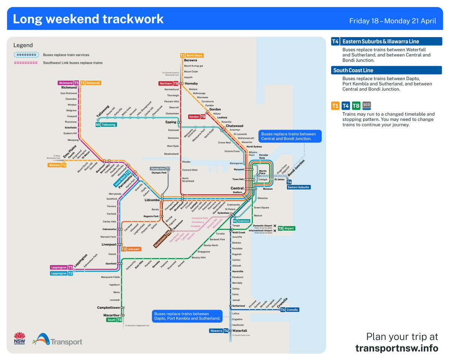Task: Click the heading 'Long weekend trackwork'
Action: tap(88, 19)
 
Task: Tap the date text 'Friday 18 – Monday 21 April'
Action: tap(393, 21)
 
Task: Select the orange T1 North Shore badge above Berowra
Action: tap(192, 55)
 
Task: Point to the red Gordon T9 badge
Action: tap(197, 117)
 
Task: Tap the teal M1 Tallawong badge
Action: tap(106, 124)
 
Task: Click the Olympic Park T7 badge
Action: tap(160, 168)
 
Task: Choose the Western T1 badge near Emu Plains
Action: tap(57, 165)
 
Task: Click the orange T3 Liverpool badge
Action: tap(130, 249)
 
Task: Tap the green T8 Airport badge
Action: tap(286, 228)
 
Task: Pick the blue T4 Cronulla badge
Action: tap(289, 310)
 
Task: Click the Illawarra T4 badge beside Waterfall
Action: tap(219, 331)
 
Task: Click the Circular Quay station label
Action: tap(264, 156)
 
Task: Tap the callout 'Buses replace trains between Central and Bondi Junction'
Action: tap(289, 136)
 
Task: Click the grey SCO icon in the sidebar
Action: tap(367, 105)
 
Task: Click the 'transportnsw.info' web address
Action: tap(396, 348)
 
